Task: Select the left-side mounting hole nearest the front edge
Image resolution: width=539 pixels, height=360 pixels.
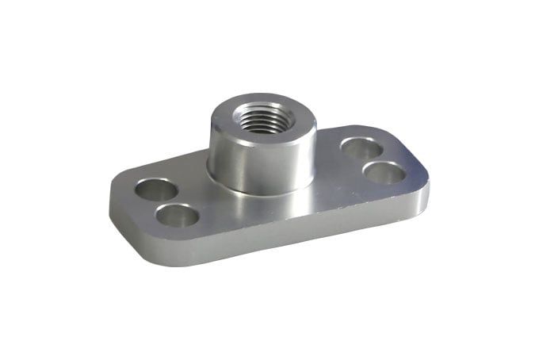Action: point(178,214)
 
